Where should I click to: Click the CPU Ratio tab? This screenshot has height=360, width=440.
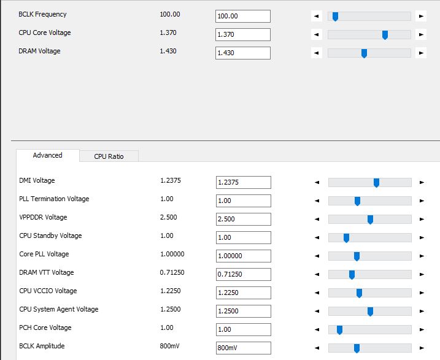point(109,156)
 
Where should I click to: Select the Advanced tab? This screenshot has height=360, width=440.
point(48,156)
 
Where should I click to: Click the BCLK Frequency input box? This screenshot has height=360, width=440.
point(243,16)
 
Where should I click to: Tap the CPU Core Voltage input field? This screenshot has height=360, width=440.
point(243,34)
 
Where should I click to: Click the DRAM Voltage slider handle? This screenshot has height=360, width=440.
point(364,53)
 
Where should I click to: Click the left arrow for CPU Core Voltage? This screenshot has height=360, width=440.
point(317,34)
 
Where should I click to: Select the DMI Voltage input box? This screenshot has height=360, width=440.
point(243,182)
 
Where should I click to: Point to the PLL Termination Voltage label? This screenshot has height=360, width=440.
point(54,199)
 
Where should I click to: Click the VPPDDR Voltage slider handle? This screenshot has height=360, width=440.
point(370,219)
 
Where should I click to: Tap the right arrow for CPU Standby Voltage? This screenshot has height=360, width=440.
point(422,237)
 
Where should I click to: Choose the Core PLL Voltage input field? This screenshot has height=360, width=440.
point(243,256)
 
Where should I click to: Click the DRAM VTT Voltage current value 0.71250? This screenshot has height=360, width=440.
point(172,272)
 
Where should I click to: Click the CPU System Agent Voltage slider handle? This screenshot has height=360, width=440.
point(370,311)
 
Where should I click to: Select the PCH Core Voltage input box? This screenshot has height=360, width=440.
point(243,329)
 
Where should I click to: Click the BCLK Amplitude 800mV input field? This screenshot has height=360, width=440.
point(243,348)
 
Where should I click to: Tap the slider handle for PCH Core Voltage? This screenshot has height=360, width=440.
point(339,329)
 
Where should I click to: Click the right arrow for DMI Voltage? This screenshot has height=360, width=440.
point(422,182)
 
